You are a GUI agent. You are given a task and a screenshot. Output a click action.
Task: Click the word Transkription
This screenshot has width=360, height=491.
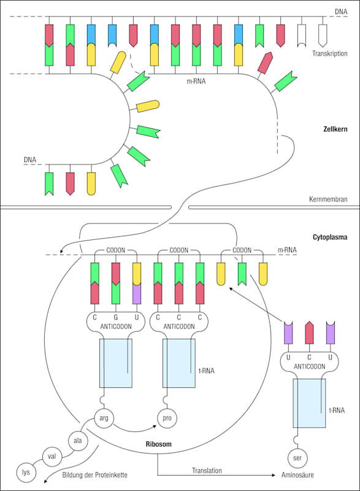[x=329, y=53]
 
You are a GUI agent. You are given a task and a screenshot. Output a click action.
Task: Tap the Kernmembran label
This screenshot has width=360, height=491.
[x=333, y=199]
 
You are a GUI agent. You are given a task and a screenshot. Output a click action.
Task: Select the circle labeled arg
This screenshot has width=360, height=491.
[x=104, y=418]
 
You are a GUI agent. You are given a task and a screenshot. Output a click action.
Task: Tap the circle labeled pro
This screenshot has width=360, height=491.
[x=166, y=418]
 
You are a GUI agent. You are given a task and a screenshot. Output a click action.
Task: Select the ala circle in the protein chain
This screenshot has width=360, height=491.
[x=77, y=440]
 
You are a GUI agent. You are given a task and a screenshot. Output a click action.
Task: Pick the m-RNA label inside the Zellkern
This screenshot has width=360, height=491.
[x=196, y=80]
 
